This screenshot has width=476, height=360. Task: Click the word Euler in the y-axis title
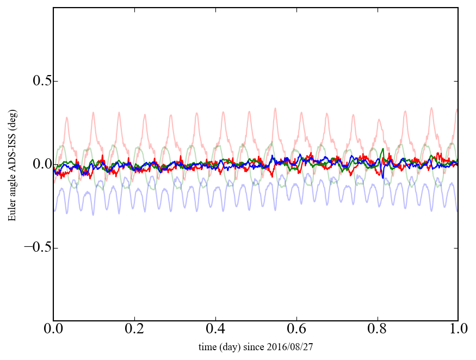[12, 212]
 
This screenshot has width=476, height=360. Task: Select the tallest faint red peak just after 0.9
[431, 108]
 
